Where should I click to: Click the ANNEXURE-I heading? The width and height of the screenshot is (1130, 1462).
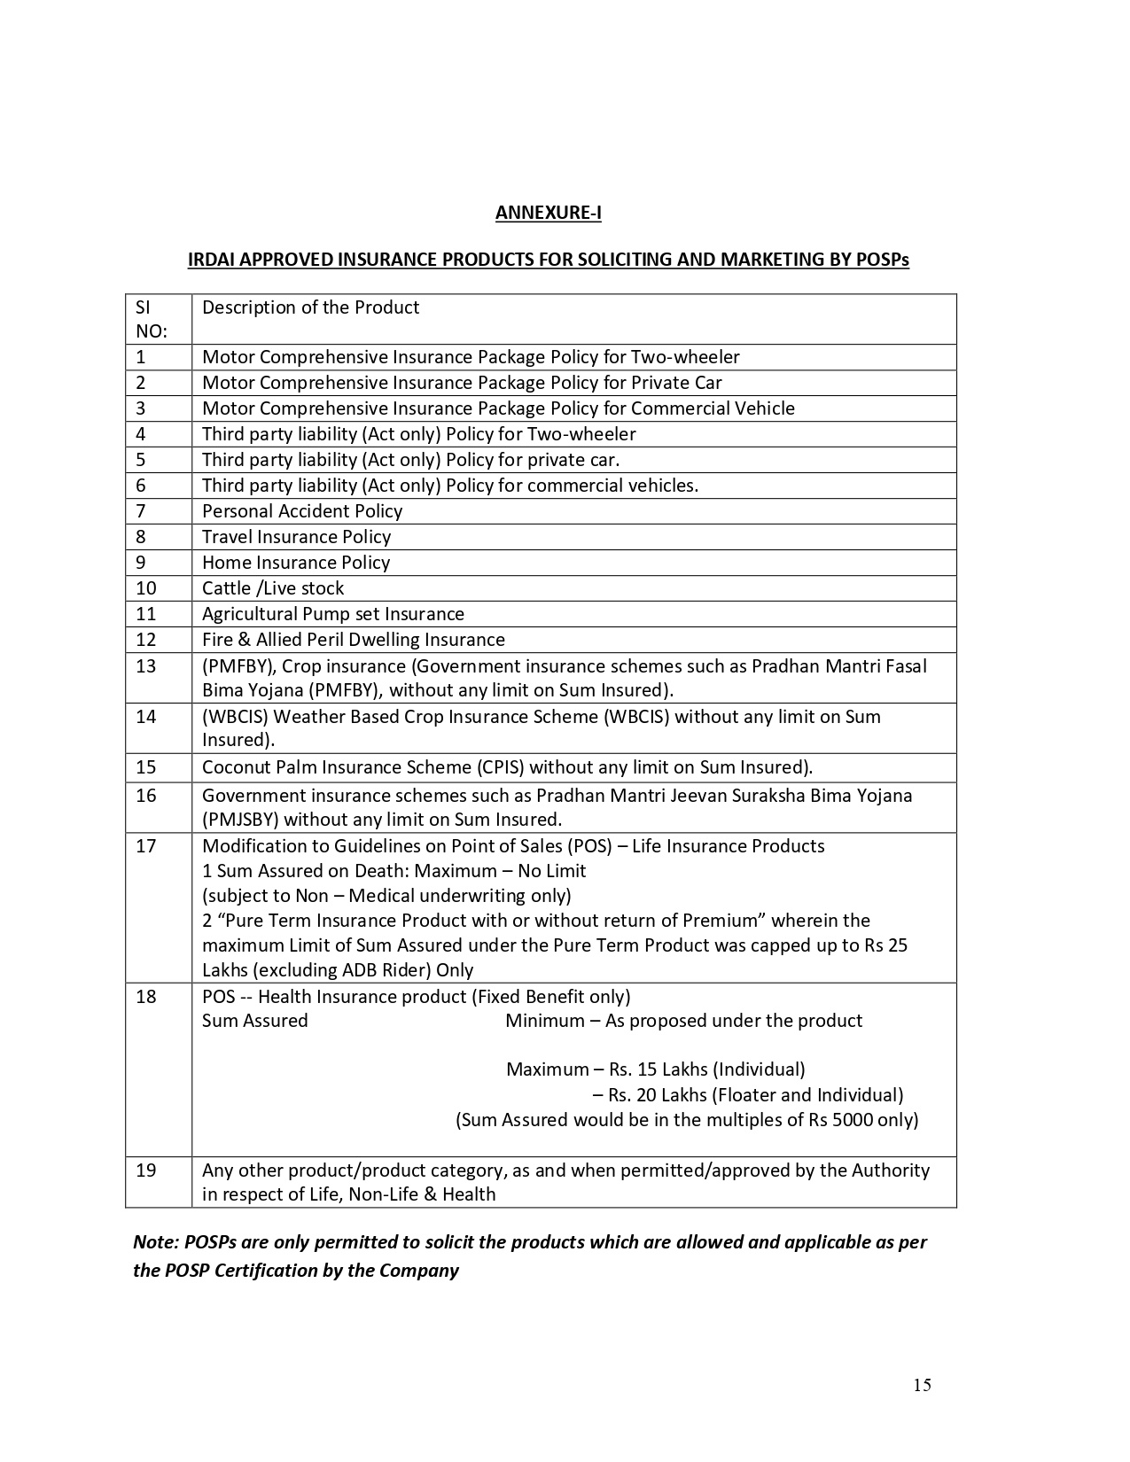548,213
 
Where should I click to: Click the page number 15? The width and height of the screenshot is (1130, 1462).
922,1385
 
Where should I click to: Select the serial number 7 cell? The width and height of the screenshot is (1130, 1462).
141,511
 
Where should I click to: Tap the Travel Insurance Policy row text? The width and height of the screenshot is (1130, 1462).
296,537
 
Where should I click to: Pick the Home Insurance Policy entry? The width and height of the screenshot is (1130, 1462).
296,563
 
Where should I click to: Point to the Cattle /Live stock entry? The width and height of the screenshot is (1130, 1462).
273,588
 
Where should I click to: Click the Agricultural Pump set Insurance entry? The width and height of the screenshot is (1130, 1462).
333,614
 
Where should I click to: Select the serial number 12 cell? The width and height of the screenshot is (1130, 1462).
145,640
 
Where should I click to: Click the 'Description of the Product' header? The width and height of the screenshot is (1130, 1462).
310,307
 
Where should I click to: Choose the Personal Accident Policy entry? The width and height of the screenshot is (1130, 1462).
302,511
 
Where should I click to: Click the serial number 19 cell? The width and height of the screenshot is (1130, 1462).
145,1170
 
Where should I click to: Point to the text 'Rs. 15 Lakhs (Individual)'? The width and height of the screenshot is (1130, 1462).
700,1069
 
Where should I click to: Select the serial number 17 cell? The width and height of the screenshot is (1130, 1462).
145,846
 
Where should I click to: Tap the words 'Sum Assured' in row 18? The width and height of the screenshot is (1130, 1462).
255,1021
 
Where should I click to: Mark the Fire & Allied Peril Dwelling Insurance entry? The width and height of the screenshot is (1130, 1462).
354,640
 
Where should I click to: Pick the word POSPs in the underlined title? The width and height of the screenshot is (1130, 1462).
883,260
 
